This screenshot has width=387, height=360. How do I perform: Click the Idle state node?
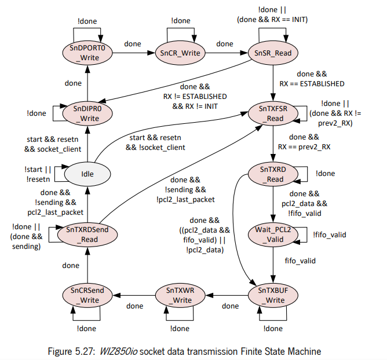point(87,174)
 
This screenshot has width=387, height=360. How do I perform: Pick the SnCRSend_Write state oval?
point(87,295)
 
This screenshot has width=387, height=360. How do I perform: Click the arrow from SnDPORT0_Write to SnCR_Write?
point(133,53)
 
